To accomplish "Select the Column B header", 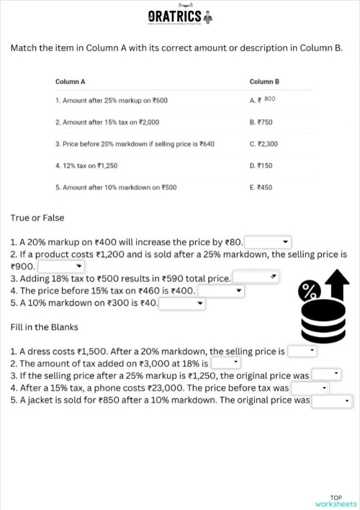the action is click(x=264, y=81).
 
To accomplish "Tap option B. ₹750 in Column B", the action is click(x=261, y=122).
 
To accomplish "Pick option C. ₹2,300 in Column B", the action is click(x=264, y=143).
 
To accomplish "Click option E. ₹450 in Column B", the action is click(x=261, y=187).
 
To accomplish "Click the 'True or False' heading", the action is click(x=37, y=218).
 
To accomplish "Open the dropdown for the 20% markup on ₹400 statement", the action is click(x=269, y=242).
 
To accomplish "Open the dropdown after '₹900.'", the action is click(x=61, y=267).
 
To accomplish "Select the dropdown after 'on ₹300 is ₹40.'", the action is click(x=182, y=303).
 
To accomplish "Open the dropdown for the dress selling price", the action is click(x=302, y=352).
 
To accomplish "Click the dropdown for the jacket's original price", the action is click(x=331, y=401).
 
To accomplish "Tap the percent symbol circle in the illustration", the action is click(x=310, y=291).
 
